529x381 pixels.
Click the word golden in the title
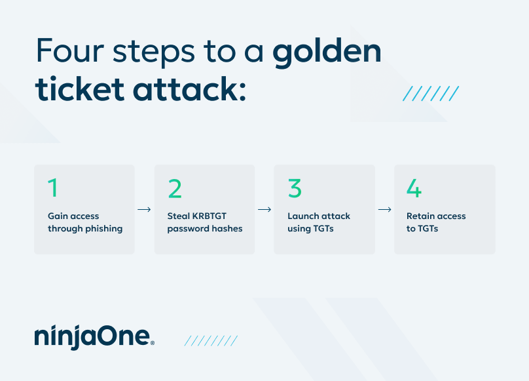[327, 52]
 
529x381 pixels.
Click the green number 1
[53, 188]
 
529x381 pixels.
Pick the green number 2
[175, 188]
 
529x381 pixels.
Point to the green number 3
[295, 188]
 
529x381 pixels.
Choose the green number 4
[414, 188]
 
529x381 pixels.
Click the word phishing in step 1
[104, 229]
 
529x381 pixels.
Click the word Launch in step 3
[303, 216]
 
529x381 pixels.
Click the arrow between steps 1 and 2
[144, 210]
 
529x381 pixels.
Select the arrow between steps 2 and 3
[264, 210]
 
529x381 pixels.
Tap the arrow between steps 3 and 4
[384, 210]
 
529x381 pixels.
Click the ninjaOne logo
[94, 336]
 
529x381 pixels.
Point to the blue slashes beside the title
[430, 93]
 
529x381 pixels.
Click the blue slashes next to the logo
[211, 340]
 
